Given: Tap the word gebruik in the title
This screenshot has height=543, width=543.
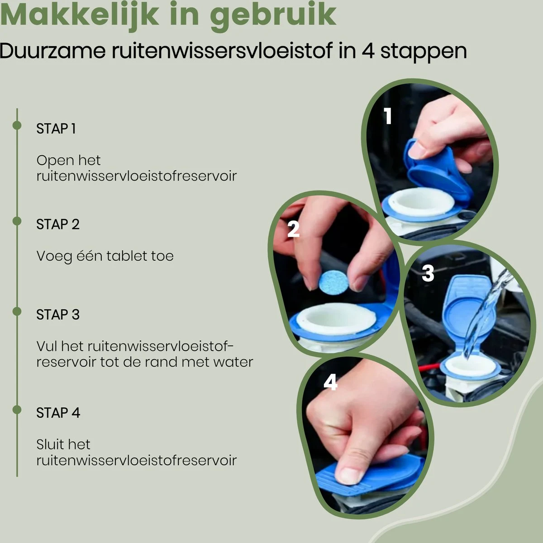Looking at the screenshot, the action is point(273,17).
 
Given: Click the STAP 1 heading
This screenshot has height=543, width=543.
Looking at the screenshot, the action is point(56,129).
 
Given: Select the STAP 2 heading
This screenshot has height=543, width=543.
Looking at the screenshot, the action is point(58,224).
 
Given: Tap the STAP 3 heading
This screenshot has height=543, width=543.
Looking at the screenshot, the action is point(58,314).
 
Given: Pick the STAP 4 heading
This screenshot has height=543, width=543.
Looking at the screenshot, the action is point(58,413).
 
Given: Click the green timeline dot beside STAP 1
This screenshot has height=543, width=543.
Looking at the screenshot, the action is point(17,125).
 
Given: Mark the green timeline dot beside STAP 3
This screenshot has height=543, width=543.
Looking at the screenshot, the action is point(17,311).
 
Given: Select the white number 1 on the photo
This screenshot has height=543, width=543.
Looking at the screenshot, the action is point(388,116).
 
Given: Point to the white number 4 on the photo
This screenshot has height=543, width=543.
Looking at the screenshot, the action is point(330,382).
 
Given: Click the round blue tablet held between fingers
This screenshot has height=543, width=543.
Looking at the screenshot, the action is point(333,283).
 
